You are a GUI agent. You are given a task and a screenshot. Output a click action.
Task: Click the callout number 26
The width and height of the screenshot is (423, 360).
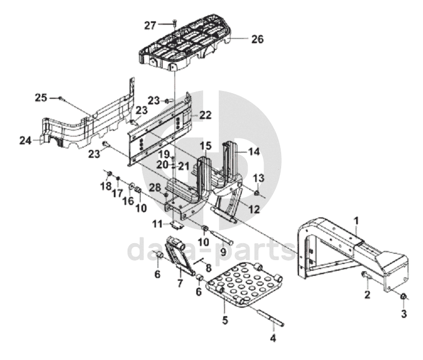point(258,39)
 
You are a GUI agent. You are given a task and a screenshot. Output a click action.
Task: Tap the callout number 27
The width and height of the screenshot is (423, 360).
point(150,26)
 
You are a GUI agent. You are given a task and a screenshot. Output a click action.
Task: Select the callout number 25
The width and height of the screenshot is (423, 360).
point(41,98)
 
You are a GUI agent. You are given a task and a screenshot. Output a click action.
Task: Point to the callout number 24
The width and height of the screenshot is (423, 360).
point(25,140)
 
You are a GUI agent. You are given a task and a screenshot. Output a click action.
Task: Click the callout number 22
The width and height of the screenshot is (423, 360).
point(205,115)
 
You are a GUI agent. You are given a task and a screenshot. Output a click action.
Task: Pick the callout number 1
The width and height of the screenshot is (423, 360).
point(357,221)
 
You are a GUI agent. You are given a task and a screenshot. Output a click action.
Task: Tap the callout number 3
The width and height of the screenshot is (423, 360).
point(404,314)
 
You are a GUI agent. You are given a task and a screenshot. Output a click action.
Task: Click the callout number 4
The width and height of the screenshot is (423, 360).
point(273,338)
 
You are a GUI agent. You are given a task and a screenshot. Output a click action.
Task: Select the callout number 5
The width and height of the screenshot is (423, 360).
point(225,320)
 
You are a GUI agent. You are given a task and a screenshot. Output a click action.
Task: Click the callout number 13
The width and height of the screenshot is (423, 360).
point(259,178)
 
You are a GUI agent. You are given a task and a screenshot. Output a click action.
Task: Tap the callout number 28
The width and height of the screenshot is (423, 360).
point(155,188)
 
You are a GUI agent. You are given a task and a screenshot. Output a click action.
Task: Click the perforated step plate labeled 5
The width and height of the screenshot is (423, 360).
point(245,284)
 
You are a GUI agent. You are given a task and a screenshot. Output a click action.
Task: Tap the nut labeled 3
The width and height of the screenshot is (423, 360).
point(404,297)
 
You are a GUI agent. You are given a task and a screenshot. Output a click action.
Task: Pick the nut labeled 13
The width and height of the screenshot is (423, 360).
point(257,193)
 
